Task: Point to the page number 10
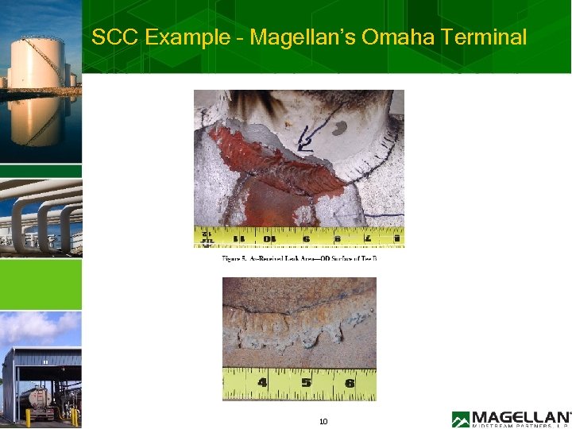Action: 323,422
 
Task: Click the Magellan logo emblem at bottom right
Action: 461,419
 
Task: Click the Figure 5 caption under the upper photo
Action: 299,259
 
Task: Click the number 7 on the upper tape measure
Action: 367,237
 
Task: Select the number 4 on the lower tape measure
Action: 262,383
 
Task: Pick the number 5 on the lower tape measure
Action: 306,383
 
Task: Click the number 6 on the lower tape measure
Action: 350,383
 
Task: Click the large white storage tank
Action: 36,64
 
